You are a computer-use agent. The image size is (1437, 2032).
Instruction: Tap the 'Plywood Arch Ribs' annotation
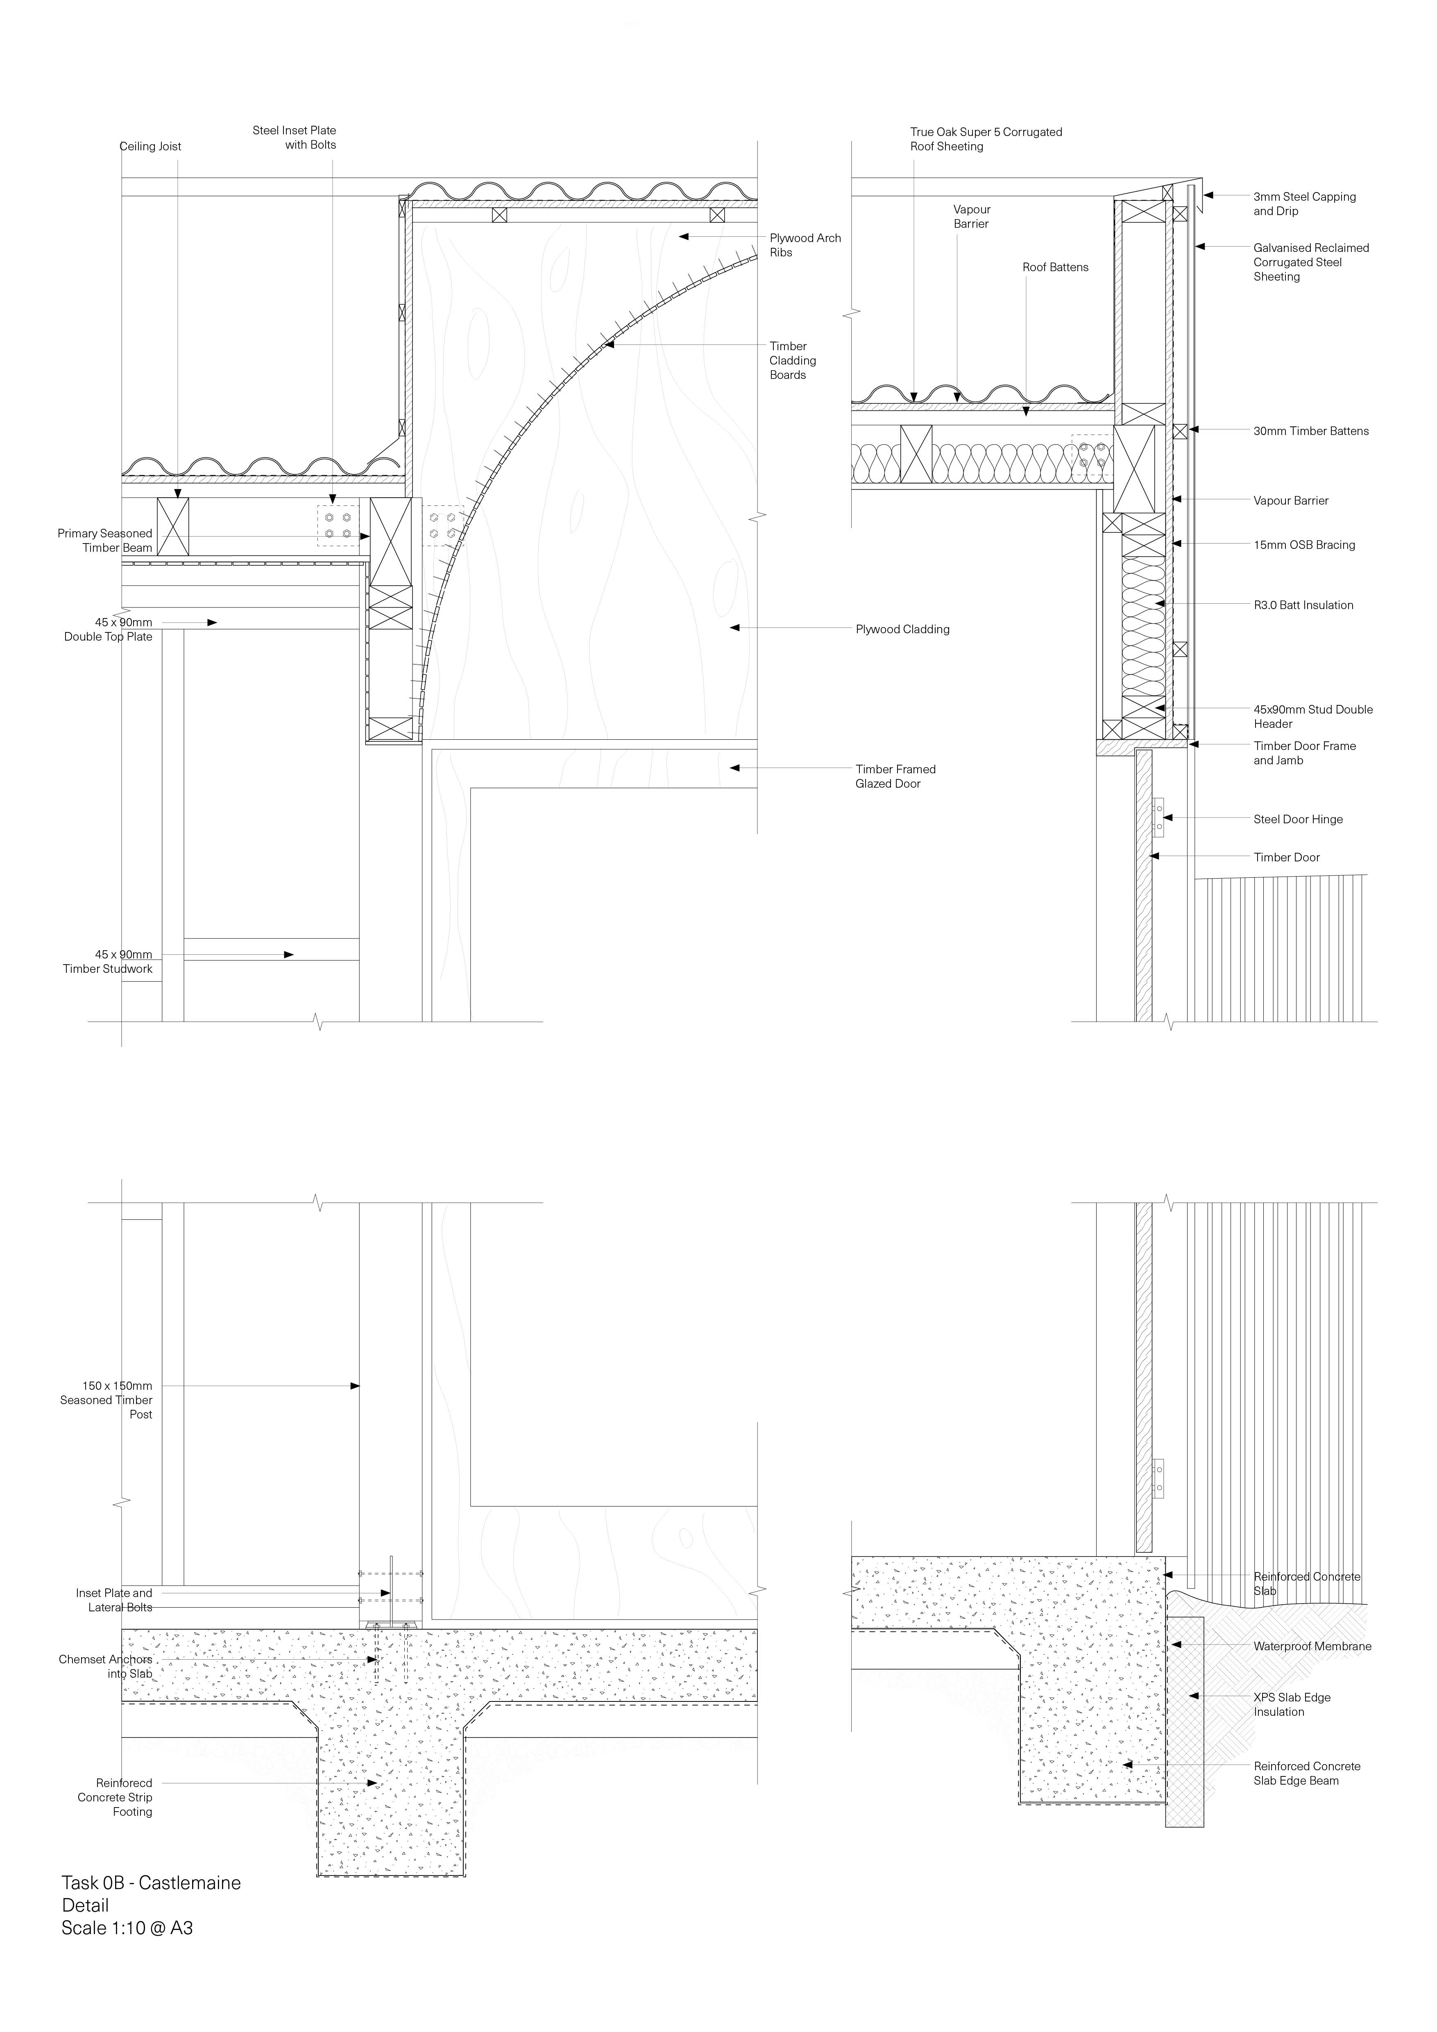click(x=805, y=245)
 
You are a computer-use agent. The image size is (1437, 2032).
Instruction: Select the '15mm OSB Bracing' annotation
click(x=1303, y=545)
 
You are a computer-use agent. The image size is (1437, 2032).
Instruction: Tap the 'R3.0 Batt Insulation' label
click(x=1303, y=605)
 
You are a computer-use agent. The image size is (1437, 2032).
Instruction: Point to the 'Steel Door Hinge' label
click(x=1297, y=820)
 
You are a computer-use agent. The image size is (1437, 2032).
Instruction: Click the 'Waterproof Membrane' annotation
click(x=1311, y=1647)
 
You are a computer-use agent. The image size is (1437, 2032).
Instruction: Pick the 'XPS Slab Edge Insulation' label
click(x=1291, y=1705)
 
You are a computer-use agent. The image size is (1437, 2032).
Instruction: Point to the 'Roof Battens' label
click(x=1055, y=267)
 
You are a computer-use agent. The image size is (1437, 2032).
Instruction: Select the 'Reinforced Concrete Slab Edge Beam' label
click(x=1306, y=1774)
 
